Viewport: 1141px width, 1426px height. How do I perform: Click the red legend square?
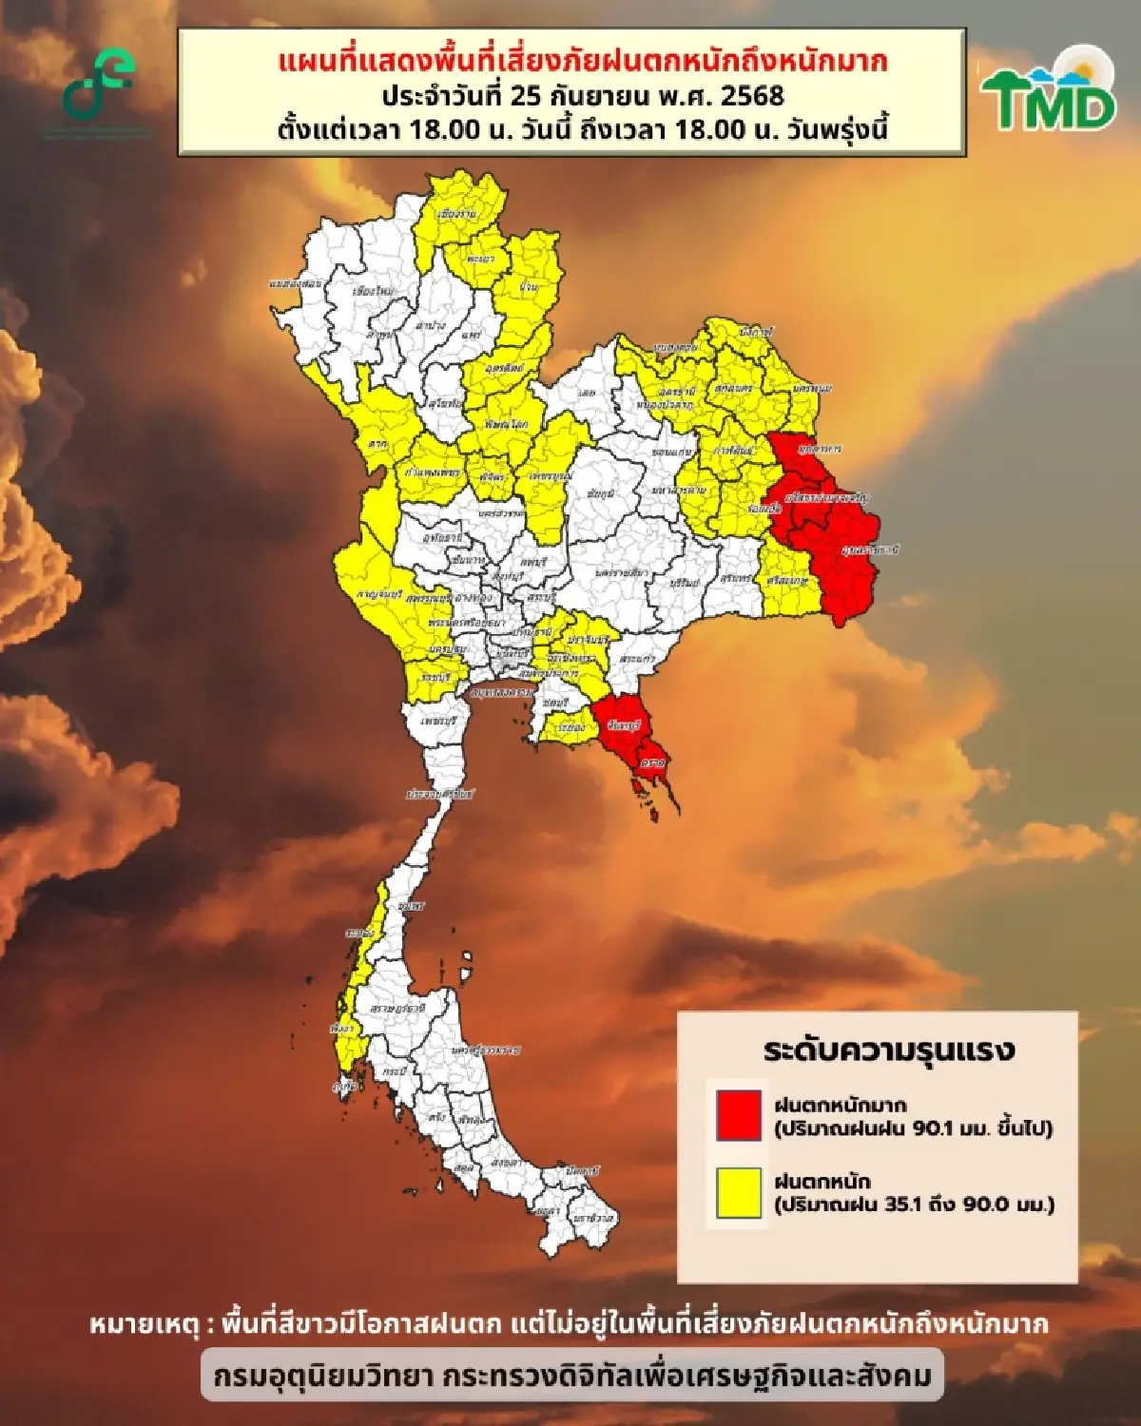pos(739,1115)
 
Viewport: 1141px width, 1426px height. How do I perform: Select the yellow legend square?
pos(739,1192)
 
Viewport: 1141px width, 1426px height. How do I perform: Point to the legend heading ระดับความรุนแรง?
pos(889,1050)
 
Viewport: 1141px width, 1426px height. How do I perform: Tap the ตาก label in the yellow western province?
pos(378,444)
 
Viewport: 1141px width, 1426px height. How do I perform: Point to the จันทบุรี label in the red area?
pos(624,726)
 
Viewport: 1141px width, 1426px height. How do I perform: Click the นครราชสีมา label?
pos(623,573)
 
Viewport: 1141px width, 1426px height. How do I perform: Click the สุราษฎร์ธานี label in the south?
pos(397,1007)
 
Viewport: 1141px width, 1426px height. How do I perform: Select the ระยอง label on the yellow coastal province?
pos(570,728)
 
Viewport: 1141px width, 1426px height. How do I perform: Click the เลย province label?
pos(587,392)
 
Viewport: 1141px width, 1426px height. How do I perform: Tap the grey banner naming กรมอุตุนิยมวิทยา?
pos(571,1375)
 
